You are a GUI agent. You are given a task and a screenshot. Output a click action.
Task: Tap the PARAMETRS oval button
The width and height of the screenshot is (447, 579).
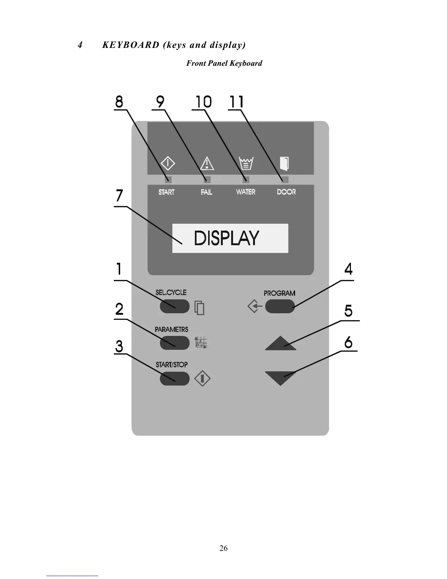tap(175, 343)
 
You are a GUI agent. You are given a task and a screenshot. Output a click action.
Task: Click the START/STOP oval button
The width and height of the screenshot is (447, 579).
tap(175, 378)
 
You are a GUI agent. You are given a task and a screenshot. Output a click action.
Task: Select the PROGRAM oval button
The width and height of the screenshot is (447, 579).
tap(280, 306)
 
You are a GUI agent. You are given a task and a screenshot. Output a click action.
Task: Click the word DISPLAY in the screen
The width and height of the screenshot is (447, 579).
tap(226, 238)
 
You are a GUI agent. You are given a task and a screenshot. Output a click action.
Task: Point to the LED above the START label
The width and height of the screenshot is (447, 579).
tap(168, 179)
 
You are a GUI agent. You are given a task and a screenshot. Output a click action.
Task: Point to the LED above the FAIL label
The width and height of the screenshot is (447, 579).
tap(207, 179)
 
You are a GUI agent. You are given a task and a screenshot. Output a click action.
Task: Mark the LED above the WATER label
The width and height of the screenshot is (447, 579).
tap(246, 179)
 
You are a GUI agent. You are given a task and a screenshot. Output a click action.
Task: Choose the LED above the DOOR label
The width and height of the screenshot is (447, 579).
tap(285, 179)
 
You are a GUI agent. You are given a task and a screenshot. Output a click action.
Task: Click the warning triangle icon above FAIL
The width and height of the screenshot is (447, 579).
tap(207, 163)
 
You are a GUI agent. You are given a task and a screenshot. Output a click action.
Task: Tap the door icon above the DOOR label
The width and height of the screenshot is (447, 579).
tap(284, 163)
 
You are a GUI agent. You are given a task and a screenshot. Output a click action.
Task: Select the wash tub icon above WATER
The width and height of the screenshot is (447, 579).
tap(246, 163)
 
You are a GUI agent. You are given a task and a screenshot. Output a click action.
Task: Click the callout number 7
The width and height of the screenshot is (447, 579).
tap(119, 196)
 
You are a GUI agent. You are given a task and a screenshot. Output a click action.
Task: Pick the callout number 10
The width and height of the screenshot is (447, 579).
tap(203, 102)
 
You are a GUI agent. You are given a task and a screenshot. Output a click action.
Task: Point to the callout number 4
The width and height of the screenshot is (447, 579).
tap(348, 269)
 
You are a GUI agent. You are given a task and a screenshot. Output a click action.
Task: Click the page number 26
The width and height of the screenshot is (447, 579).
tap(223, 548)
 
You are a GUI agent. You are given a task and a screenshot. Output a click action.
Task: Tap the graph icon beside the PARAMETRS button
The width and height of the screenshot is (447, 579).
tap(201, 343)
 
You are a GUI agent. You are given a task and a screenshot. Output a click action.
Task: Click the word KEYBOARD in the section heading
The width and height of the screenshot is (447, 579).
tap(131, 45)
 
